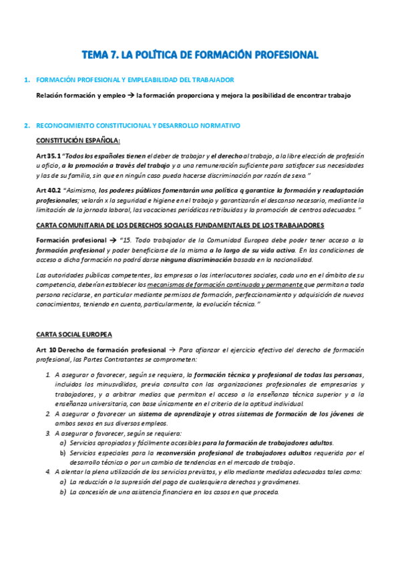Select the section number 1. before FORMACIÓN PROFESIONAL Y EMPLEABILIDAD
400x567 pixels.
click(x=27, y=80)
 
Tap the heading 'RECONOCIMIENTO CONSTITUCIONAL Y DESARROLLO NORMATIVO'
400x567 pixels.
click(x=138, y=125)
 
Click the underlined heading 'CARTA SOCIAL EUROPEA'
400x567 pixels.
click(x=74, y=334)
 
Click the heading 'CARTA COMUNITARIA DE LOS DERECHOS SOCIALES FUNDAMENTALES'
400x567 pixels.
click(x=180, y=225)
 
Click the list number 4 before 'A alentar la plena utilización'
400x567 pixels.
click(x=47, y=471)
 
